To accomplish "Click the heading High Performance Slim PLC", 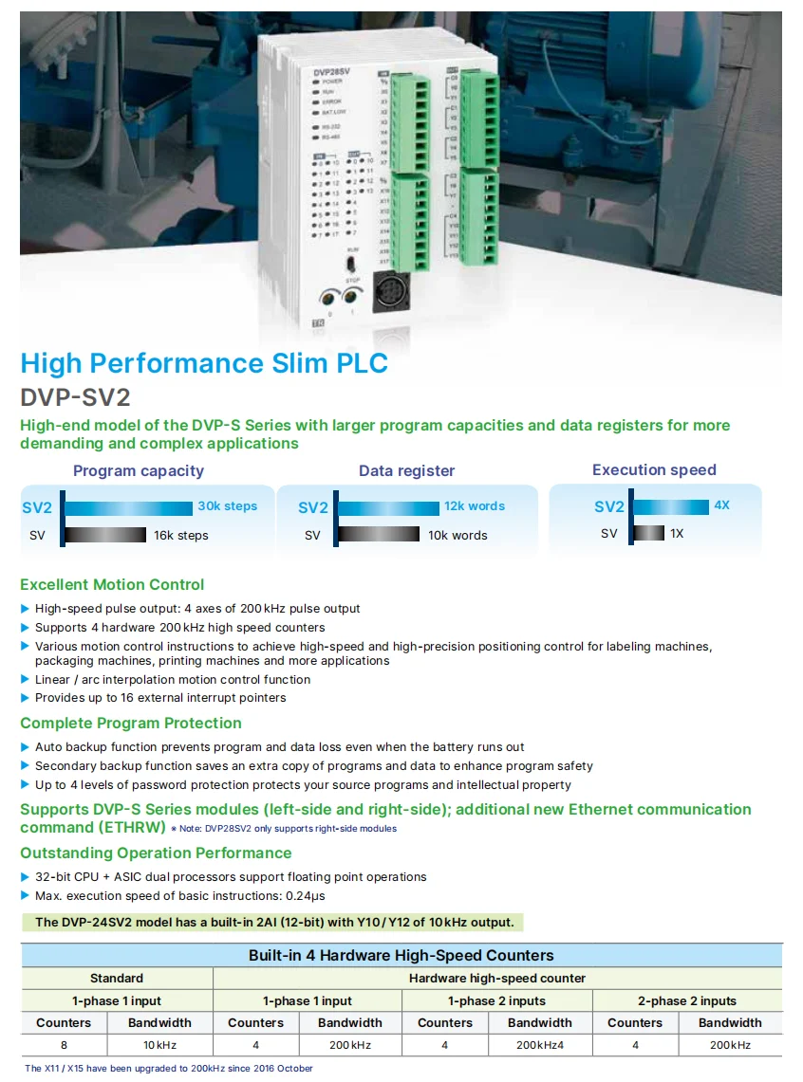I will (204, 363).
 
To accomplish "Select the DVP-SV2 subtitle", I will (75, 397).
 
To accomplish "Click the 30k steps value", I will (227, 506).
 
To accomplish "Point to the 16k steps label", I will (180, 536).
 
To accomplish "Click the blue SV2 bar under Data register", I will (387, 507).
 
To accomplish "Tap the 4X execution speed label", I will (721, 505).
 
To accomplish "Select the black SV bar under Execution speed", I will (649, 534).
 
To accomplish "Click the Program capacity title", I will (139, 470).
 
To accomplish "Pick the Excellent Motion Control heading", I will (112, 585).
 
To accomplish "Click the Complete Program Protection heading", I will (130, 724).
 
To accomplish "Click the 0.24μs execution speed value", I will (311, 896).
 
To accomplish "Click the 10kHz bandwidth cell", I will (160, 1045).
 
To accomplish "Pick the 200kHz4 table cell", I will (539, 1045).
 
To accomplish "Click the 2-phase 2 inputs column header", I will (687, 1001).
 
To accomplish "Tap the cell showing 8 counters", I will (64, 1045).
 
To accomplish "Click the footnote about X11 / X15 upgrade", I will (168, 1069).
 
